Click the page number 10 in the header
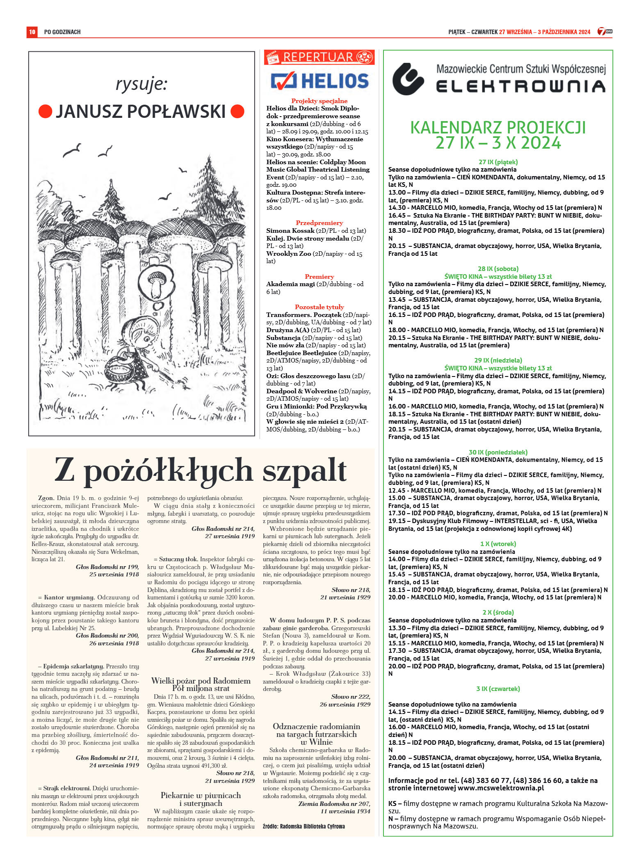[32, 32]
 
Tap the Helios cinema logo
[319, 80]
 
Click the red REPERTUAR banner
[319, 57]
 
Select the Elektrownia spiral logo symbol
[408, 79]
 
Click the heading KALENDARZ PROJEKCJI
[498, 128]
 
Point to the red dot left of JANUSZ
[45, 111]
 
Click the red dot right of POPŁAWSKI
[237, 111]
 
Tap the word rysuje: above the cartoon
[141, 84]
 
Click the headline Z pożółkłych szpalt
[201, 470]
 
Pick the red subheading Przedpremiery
[319, 223]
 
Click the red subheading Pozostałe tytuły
[319, 307]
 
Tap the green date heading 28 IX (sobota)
[498, 269]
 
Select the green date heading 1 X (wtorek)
[498, 544]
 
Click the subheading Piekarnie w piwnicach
[201, 795]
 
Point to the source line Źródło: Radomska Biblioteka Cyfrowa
[304, 826]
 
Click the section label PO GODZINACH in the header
[62, 32]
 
